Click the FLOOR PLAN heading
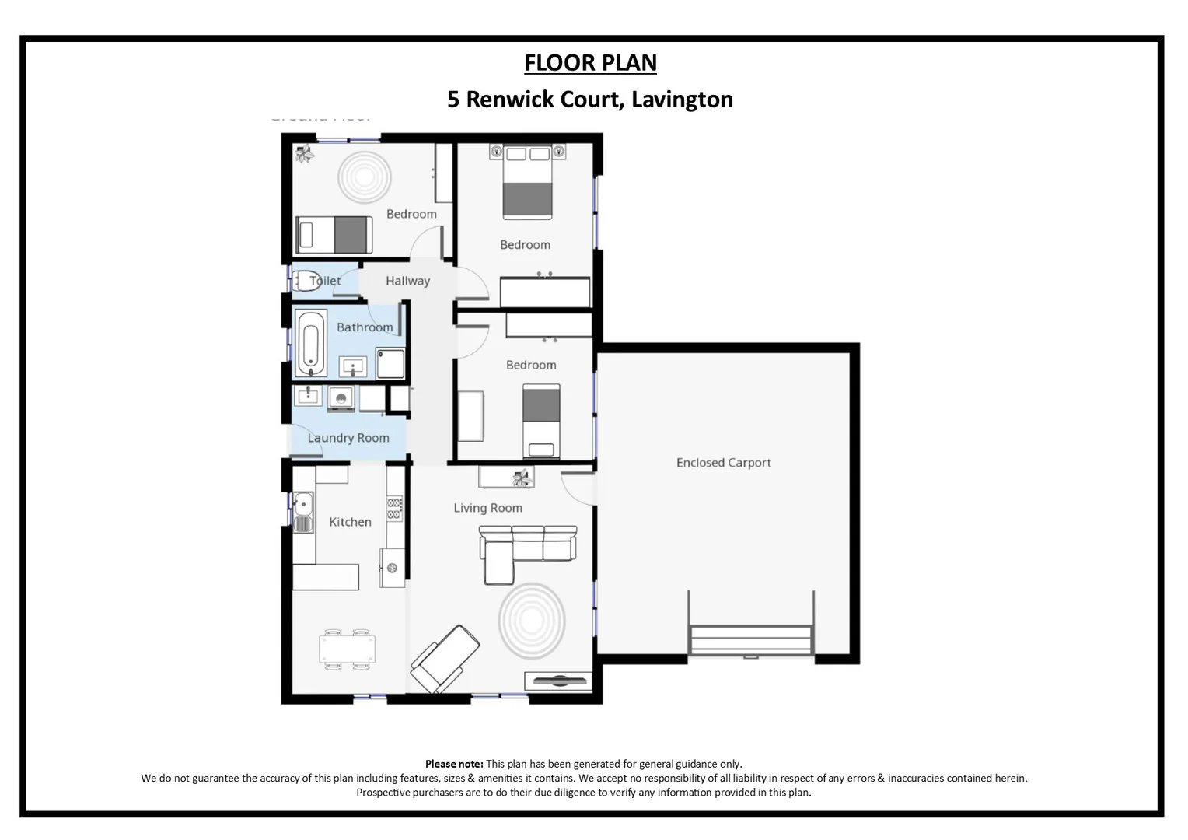click(x=590, y=62)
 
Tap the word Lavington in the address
click(x=682, y=100)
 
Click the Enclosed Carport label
click(x=723, y=463)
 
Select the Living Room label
click(x=487, y=508)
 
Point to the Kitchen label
click(x=350, y=522)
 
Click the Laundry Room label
click(x=348, y=438)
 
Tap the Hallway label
click(x=407, y=281)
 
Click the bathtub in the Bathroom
click(x=309, y=343)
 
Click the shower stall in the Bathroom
click(x=390, y=362)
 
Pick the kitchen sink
click(x=302, y=510)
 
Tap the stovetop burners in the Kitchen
click(x=395, y=509)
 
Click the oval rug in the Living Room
click(x=532, y=621)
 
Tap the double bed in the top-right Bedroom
click(x=527, y=184)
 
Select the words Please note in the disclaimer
click(x=454, y=764)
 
